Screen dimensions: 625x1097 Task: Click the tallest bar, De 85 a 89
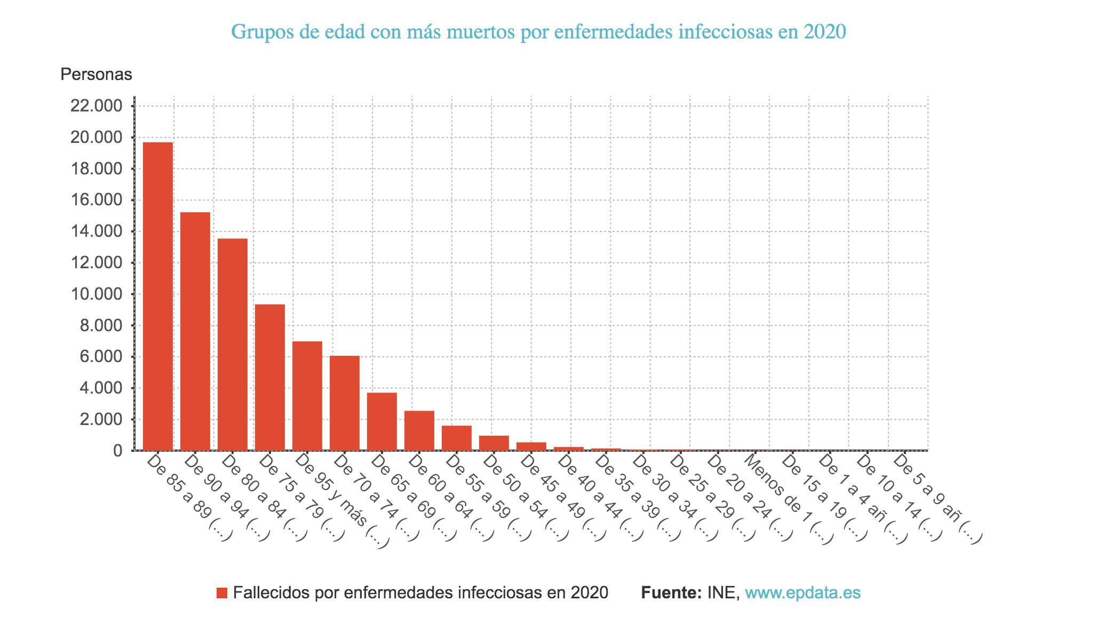coord(158,296)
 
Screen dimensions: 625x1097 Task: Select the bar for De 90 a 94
coord(195,331)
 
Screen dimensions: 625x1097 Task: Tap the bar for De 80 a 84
coord(233,344)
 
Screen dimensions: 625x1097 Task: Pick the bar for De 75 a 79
coord(270,377)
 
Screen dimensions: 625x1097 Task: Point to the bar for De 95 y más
coord(307,396)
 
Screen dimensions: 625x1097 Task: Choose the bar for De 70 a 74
coord(345,403)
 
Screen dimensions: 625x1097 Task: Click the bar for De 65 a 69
coord(382,421)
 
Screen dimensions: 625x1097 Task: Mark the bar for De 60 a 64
coord(419,430)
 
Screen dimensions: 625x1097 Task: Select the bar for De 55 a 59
coord(457,438)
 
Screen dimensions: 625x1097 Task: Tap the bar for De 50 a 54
coord(494,443)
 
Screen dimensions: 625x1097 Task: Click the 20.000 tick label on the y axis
coord(96,138)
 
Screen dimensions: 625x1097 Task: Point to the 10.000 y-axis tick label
coord(96,294)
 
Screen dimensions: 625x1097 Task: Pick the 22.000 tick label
coord(96,106)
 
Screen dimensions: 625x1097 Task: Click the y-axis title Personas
coord(96,74)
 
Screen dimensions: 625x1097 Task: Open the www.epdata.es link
coord(802,592)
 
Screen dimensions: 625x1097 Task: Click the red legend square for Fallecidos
coord(222,593)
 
